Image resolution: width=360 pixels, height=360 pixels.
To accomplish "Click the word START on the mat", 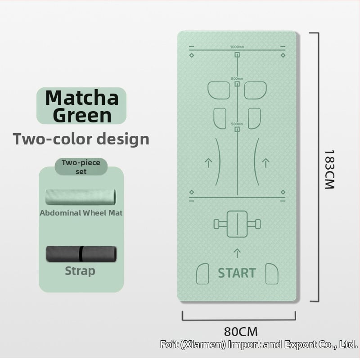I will pos(237,273).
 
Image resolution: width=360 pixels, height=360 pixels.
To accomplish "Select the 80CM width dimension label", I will pos(241,332).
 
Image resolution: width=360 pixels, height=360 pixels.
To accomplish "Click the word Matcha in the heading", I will pos(81,97).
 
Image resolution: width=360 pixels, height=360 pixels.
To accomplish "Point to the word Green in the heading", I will pos(81,115).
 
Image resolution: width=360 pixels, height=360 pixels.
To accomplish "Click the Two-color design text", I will pos(81,139).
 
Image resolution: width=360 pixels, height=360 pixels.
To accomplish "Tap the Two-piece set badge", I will pos(81,166).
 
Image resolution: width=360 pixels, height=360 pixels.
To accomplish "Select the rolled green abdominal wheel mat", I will pos(81,196).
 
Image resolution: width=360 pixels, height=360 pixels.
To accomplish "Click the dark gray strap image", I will pos(81,254).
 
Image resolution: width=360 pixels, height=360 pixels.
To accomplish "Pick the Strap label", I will pos(80,271).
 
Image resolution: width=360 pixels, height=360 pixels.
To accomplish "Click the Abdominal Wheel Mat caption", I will pos(81,213).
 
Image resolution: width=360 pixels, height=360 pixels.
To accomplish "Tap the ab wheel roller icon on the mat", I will pos(237,223).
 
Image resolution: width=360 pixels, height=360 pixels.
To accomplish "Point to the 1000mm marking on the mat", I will pos(237,47).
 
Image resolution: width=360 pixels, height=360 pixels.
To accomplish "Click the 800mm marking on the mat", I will pos(237,79).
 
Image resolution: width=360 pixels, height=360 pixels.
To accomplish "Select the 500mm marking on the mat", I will pos(237,124).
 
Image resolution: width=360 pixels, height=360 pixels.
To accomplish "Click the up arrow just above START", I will pos(237,252).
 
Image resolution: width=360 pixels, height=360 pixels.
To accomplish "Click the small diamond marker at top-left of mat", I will pos(192,55).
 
